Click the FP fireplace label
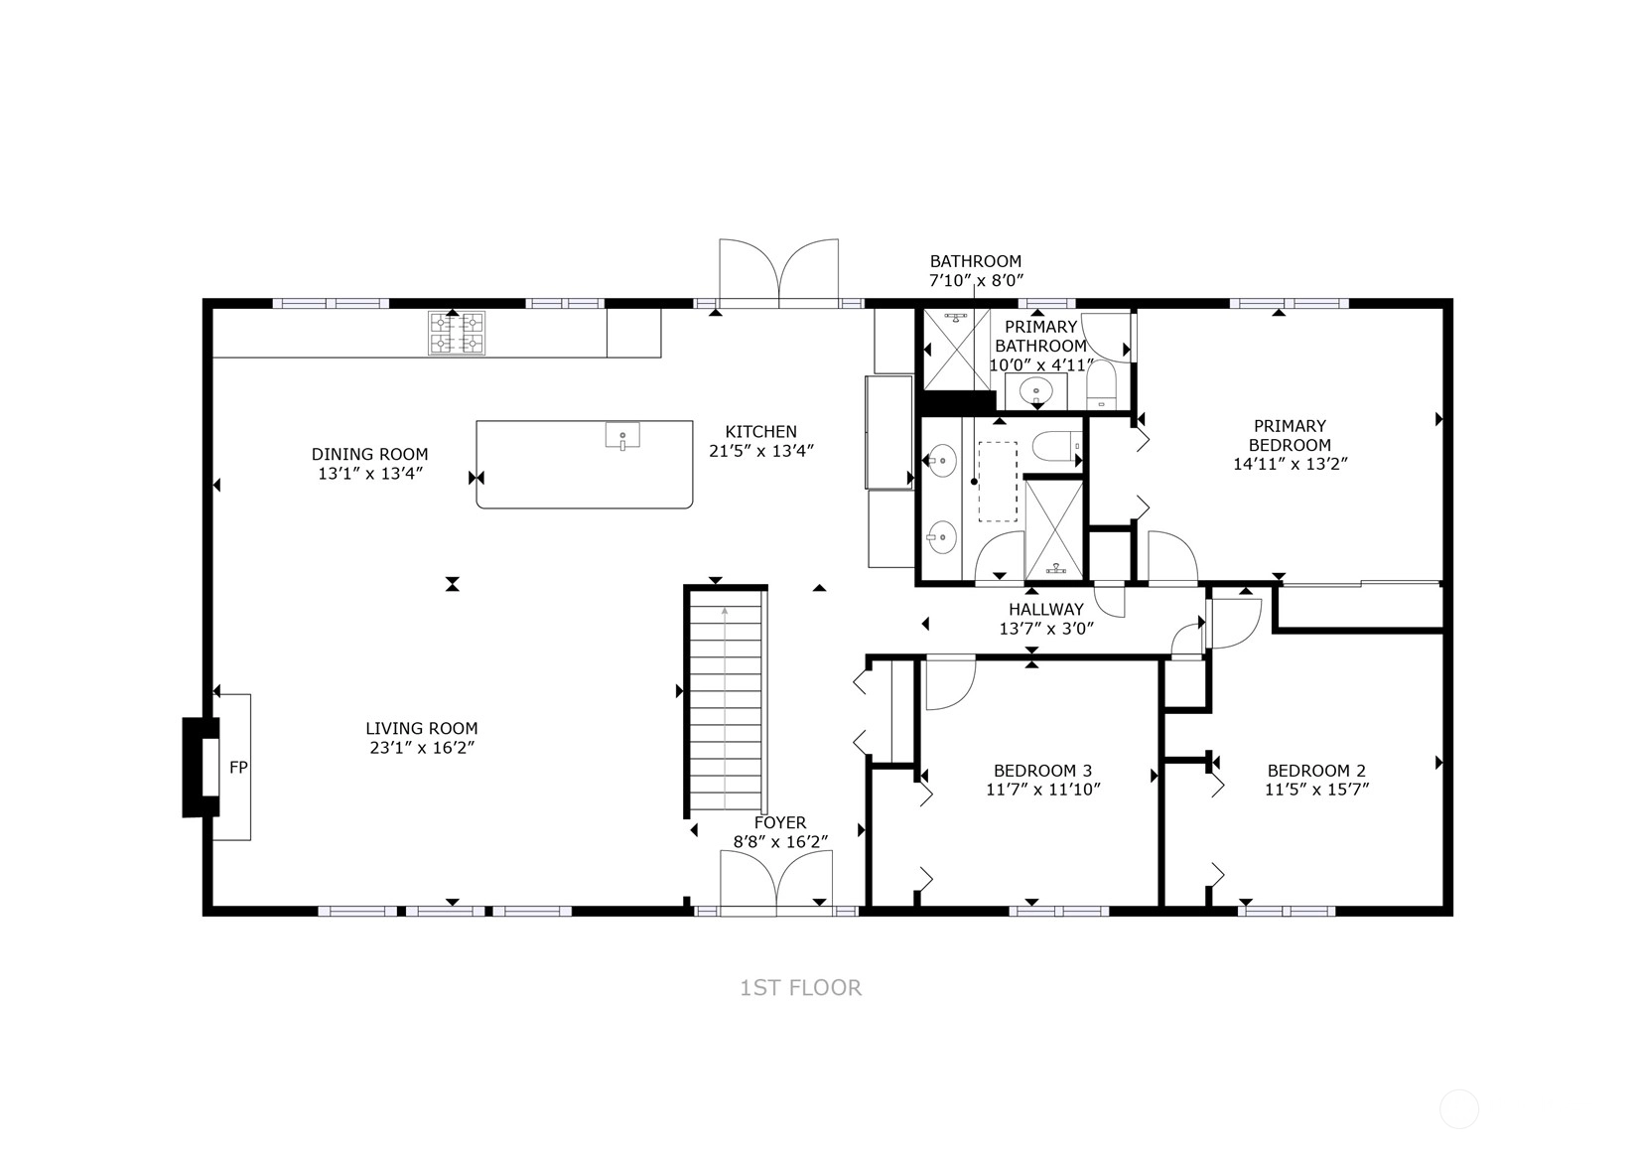(238, 768)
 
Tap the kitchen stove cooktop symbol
(457, 333)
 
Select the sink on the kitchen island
(622, 435)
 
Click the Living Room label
(422, 728)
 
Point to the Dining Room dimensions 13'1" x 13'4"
(370, 473)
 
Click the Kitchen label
(760, 432)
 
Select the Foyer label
(780, 823)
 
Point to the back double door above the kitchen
(779, 272)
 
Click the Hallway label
(1046, 609)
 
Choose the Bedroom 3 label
(1042, 771)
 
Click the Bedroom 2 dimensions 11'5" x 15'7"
(1316, 790)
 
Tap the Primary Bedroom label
(1290, 435)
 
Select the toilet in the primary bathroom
(1103, 385)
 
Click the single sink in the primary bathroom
(1035, 391)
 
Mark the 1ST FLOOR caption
(801, 988)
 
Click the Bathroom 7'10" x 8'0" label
(976, 270)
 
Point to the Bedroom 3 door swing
(950, 684)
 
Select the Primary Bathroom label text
(1040, 336)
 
